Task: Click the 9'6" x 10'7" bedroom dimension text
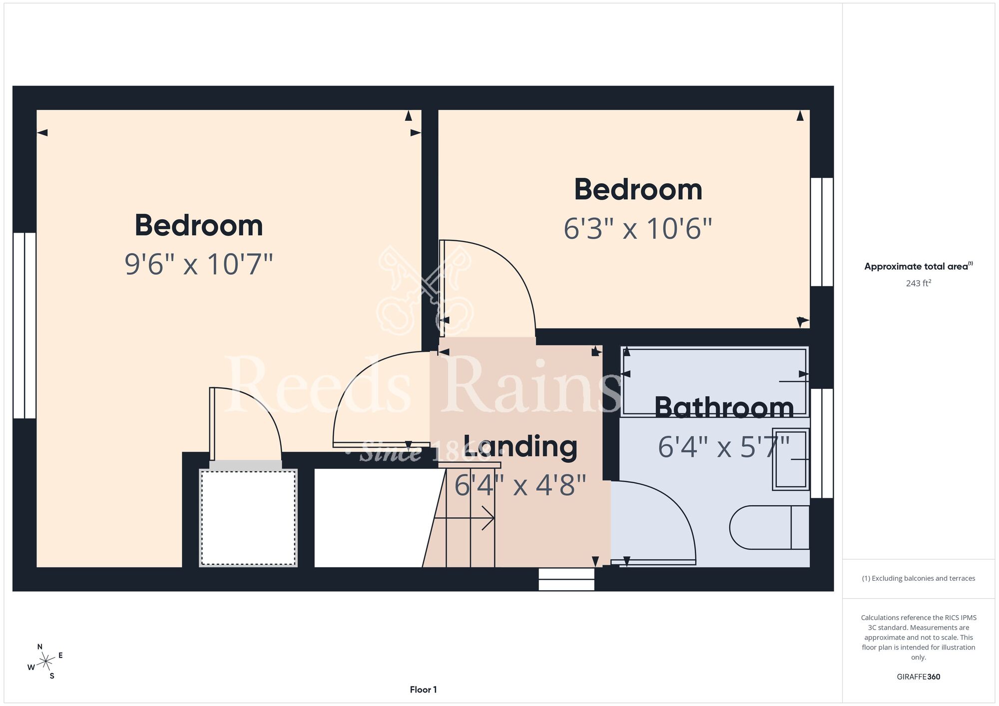click(x=199, y=264)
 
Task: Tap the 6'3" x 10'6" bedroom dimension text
click(x=638, y=229)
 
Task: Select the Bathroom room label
click(x=724, y=407)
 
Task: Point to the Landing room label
click(x=520, y=446)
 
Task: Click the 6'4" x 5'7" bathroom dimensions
click(x=724, y=447)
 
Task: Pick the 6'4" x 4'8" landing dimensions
click(x=520, y=485)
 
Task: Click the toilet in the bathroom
click(x=769, y=527)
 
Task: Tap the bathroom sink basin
click(x=791, y=459)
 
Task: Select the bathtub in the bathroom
click(x=714, y=382)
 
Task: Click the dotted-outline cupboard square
click(x=248, y=518)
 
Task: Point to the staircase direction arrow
click(x=464, y=518)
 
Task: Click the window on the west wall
click(x=24, y=325)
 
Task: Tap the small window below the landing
click(x=566, y=579)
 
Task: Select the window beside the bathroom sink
click(x=822, y=443)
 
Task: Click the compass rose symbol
click(x=45, y=662)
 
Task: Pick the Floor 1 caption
click(x=423, y=690)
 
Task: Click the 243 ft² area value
click(x=918, y=283)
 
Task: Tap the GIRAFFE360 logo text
click(x=918, y=677)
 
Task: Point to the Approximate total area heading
click(x=918, y=266)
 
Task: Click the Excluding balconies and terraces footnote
click(x=918, y=578)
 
